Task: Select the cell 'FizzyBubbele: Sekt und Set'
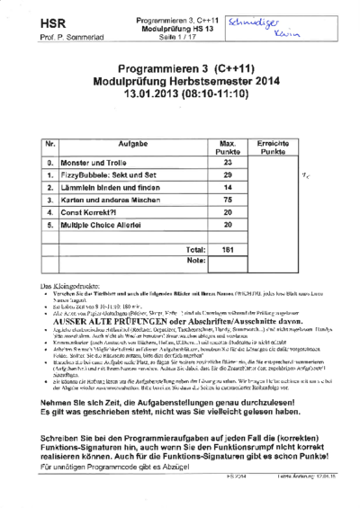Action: (x=115, y=175)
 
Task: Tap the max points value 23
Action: (x=227, y=163)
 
